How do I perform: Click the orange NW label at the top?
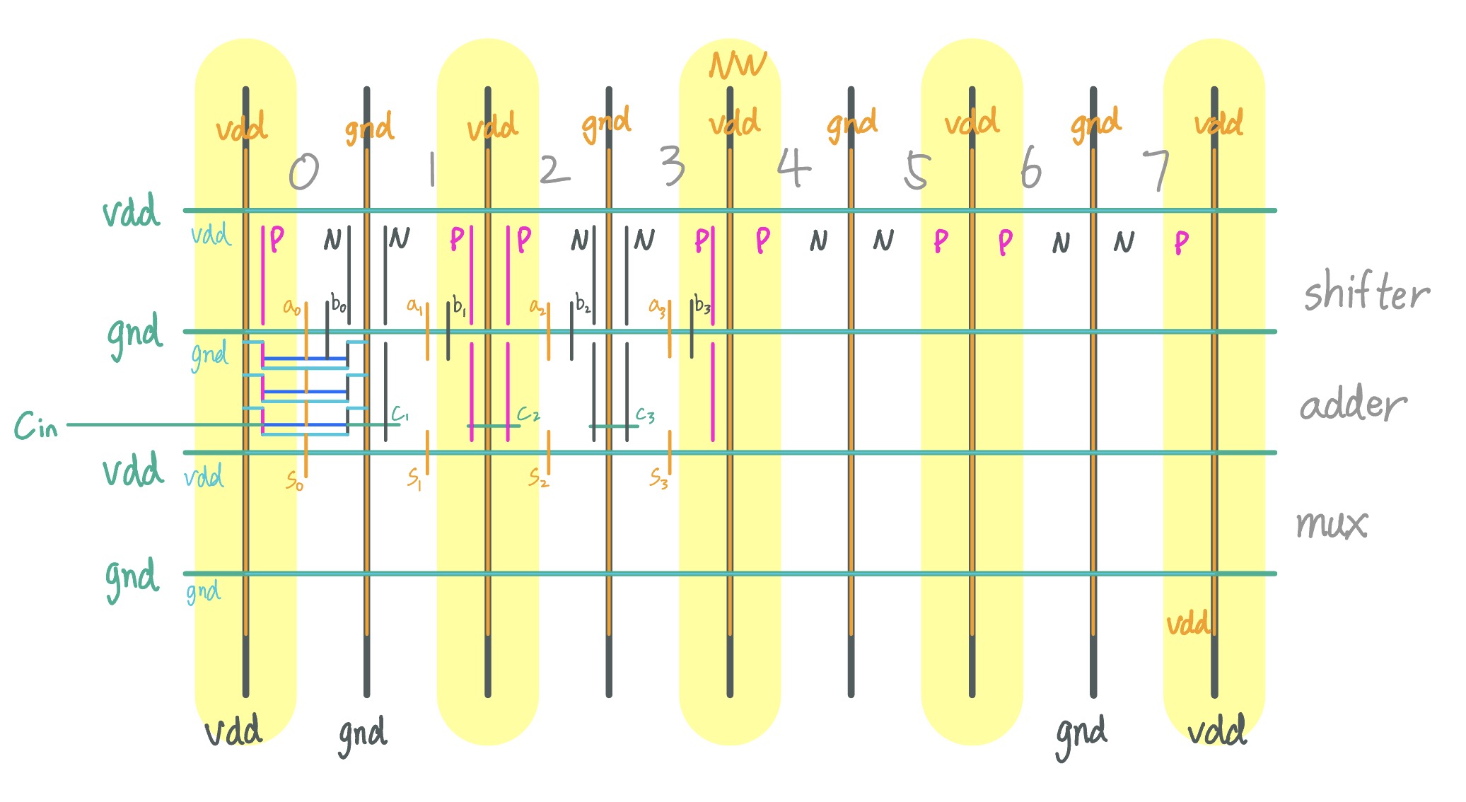[738, 66]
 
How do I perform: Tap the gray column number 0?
[304, 172]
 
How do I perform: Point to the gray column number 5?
[916, 171]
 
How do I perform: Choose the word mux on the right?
[1332, 524]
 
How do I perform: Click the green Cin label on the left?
[36, 426]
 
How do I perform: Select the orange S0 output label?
[294, 481]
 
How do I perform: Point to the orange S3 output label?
[658, 480]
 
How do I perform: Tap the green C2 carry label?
[528, 413]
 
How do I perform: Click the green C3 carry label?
[645, 414]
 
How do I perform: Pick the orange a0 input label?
[291, 307]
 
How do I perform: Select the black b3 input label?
[702, 305]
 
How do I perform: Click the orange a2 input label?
[537, 307]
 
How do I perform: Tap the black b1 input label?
[460, 306]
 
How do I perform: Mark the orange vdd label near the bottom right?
[1187, 624]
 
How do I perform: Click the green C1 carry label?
[400, 413]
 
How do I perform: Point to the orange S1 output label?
[414, 479]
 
